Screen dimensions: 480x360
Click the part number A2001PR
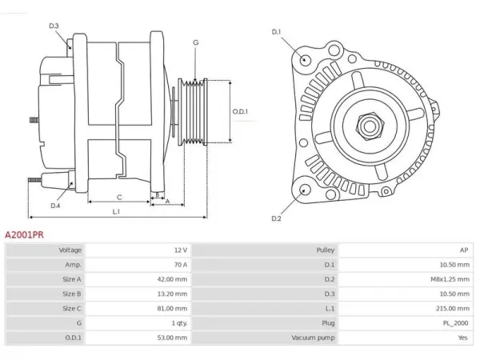coord(24,234)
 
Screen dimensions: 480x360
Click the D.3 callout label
coord(54,26)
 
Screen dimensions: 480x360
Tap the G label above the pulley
coord(196,42)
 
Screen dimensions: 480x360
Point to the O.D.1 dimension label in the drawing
coord(240,111)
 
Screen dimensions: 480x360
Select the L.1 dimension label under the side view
coord(116,211)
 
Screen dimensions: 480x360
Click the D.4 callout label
coord(55,206)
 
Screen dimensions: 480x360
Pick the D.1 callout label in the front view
coord(276,32)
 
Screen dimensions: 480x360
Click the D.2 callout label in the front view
coord(276,218)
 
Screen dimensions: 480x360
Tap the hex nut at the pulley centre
coord(370,126)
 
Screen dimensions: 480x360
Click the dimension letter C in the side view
coord(119,198)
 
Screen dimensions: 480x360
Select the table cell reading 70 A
coord(181,265)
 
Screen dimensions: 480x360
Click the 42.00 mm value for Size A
coord(172,279)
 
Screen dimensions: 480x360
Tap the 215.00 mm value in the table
coord(453,308)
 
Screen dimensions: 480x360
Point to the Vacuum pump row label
coord(313,338)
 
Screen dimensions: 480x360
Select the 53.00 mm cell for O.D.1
coord(172,338)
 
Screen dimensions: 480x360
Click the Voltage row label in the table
coord(70,250)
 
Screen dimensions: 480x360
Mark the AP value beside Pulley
coord(464,250)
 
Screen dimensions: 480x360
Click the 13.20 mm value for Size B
coord(172,294)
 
